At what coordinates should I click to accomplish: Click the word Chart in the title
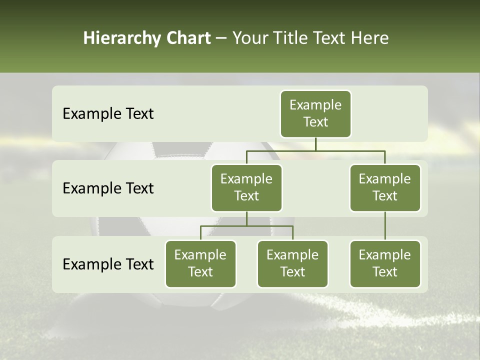point(188,38)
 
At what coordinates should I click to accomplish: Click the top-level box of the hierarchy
point(315,114)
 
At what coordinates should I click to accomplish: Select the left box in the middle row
point(246,188)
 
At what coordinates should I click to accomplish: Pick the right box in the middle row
point(385,188)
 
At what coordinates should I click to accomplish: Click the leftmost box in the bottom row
point(200,264)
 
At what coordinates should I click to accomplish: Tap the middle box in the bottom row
point(292,264)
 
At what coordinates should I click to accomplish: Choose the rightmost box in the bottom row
point(385,264)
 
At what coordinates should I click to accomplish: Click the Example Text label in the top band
point(108,114)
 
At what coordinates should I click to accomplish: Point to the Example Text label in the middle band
point(108,188)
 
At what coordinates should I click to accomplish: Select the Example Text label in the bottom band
point(108,264)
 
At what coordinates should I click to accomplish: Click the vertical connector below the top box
point(315,144)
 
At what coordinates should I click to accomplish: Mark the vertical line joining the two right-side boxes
point(385,226)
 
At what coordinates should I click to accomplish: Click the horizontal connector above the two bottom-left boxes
point(246,226)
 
